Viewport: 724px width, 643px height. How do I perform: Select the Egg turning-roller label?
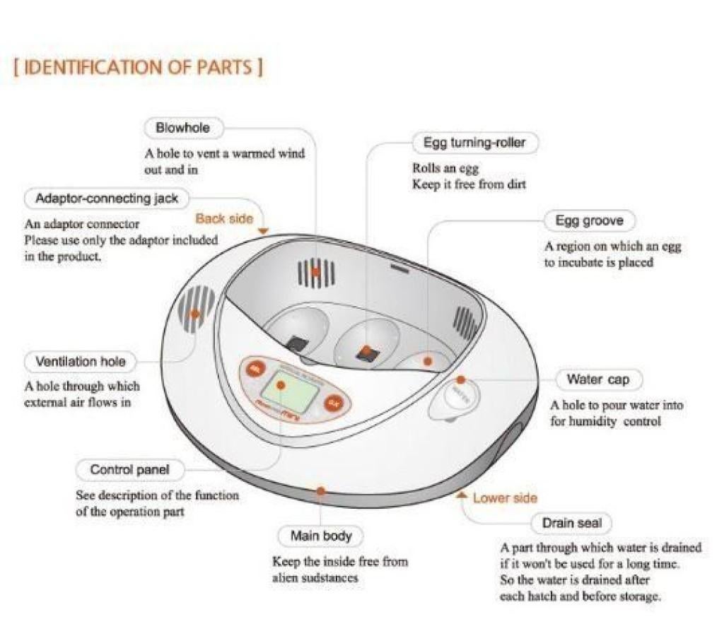coord(474,143)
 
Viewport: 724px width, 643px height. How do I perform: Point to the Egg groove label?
coord(589,221)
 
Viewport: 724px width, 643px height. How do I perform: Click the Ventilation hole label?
coord(81,362)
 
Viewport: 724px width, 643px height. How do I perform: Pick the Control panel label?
coord(129,469)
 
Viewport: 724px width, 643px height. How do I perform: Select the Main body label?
coord(321,536)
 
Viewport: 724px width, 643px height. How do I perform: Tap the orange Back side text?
coord(223,218)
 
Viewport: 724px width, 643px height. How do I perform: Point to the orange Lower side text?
coord(505,498)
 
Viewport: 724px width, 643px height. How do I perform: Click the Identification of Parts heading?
coord(139,68)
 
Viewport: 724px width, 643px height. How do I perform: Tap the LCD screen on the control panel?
coord(281,389)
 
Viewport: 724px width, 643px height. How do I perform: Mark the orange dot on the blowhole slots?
coord(316,271)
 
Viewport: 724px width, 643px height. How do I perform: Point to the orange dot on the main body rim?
coord(321,490)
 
